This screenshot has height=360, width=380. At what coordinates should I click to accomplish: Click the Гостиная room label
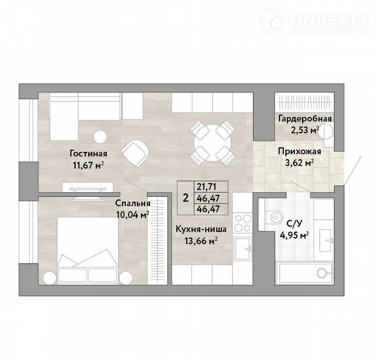[x=88, y=154]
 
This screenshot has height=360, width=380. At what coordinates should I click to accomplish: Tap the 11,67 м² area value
[x=88, y=165]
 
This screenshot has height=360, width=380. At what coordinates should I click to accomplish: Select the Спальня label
[x=133, y=203]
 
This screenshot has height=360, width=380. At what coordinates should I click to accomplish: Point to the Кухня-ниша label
[x=201, y=229]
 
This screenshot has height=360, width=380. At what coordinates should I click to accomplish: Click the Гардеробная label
[x=305, y=119]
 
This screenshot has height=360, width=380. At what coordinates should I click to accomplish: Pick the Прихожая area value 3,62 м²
[x=300, y=163]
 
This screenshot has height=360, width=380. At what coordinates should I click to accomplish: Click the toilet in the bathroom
[x=274, y=217]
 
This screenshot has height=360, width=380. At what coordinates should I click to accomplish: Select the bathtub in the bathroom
[x=305, y=273]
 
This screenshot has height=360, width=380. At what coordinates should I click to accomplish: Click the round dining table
[x=213, y=143]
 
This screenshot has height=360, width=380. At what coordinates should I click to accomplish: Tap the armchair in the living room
[x=135, y=153]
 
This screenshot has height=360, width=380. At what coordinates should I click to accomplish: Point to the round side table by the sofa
[x=100, y=137]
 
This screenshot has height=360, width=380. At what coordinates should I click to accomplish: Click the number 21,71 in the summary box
[x=207, y=187]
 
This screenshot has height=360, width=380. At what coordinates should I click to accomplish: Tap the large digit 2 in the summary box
[x=186, y=198]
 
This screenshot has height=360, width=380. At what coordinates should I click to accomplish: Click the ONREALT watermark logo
[x=315, y=21]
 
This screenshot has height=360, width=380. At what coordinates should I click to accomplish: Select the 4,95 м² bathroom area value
[x=294, y=235]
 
